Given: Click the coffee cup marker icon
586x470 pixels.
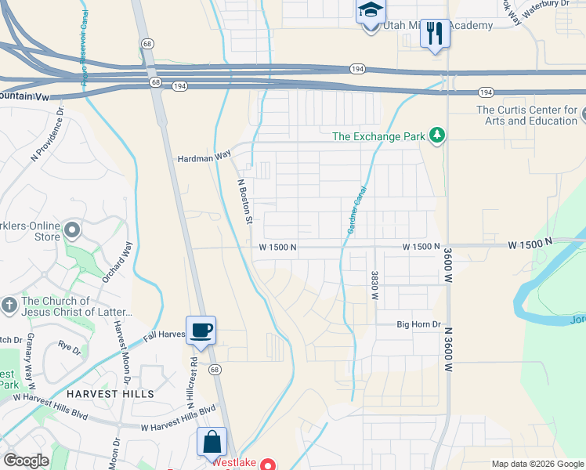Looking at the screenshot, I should click(x=201, y=330).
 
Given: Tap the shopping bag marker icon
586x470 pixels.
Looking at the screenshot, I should click(x=212, y=441).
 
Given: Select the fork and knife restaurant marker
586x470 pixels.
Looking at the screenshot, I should click(x=435, y=33).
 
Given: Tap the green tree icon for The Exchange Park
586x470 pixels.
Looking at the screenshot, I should click(x=437, y=136).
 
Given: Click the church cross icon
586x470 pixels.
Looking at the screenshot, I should click(x=9, y=304).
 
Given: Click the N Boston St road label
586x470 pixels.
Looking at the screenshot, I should click(x=244, y=200).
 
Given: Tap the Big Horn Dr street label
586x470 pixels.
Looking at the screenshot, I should click(x=419, y=324).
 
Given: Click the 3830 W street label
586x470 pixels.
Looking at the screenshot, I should click(x=374, y=287).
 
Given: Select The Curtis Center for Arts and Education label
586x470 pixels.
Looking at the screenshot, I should click(x=526, y=115).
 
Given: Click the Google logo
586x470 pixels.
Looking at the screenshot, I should click(x=25, y=461).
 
